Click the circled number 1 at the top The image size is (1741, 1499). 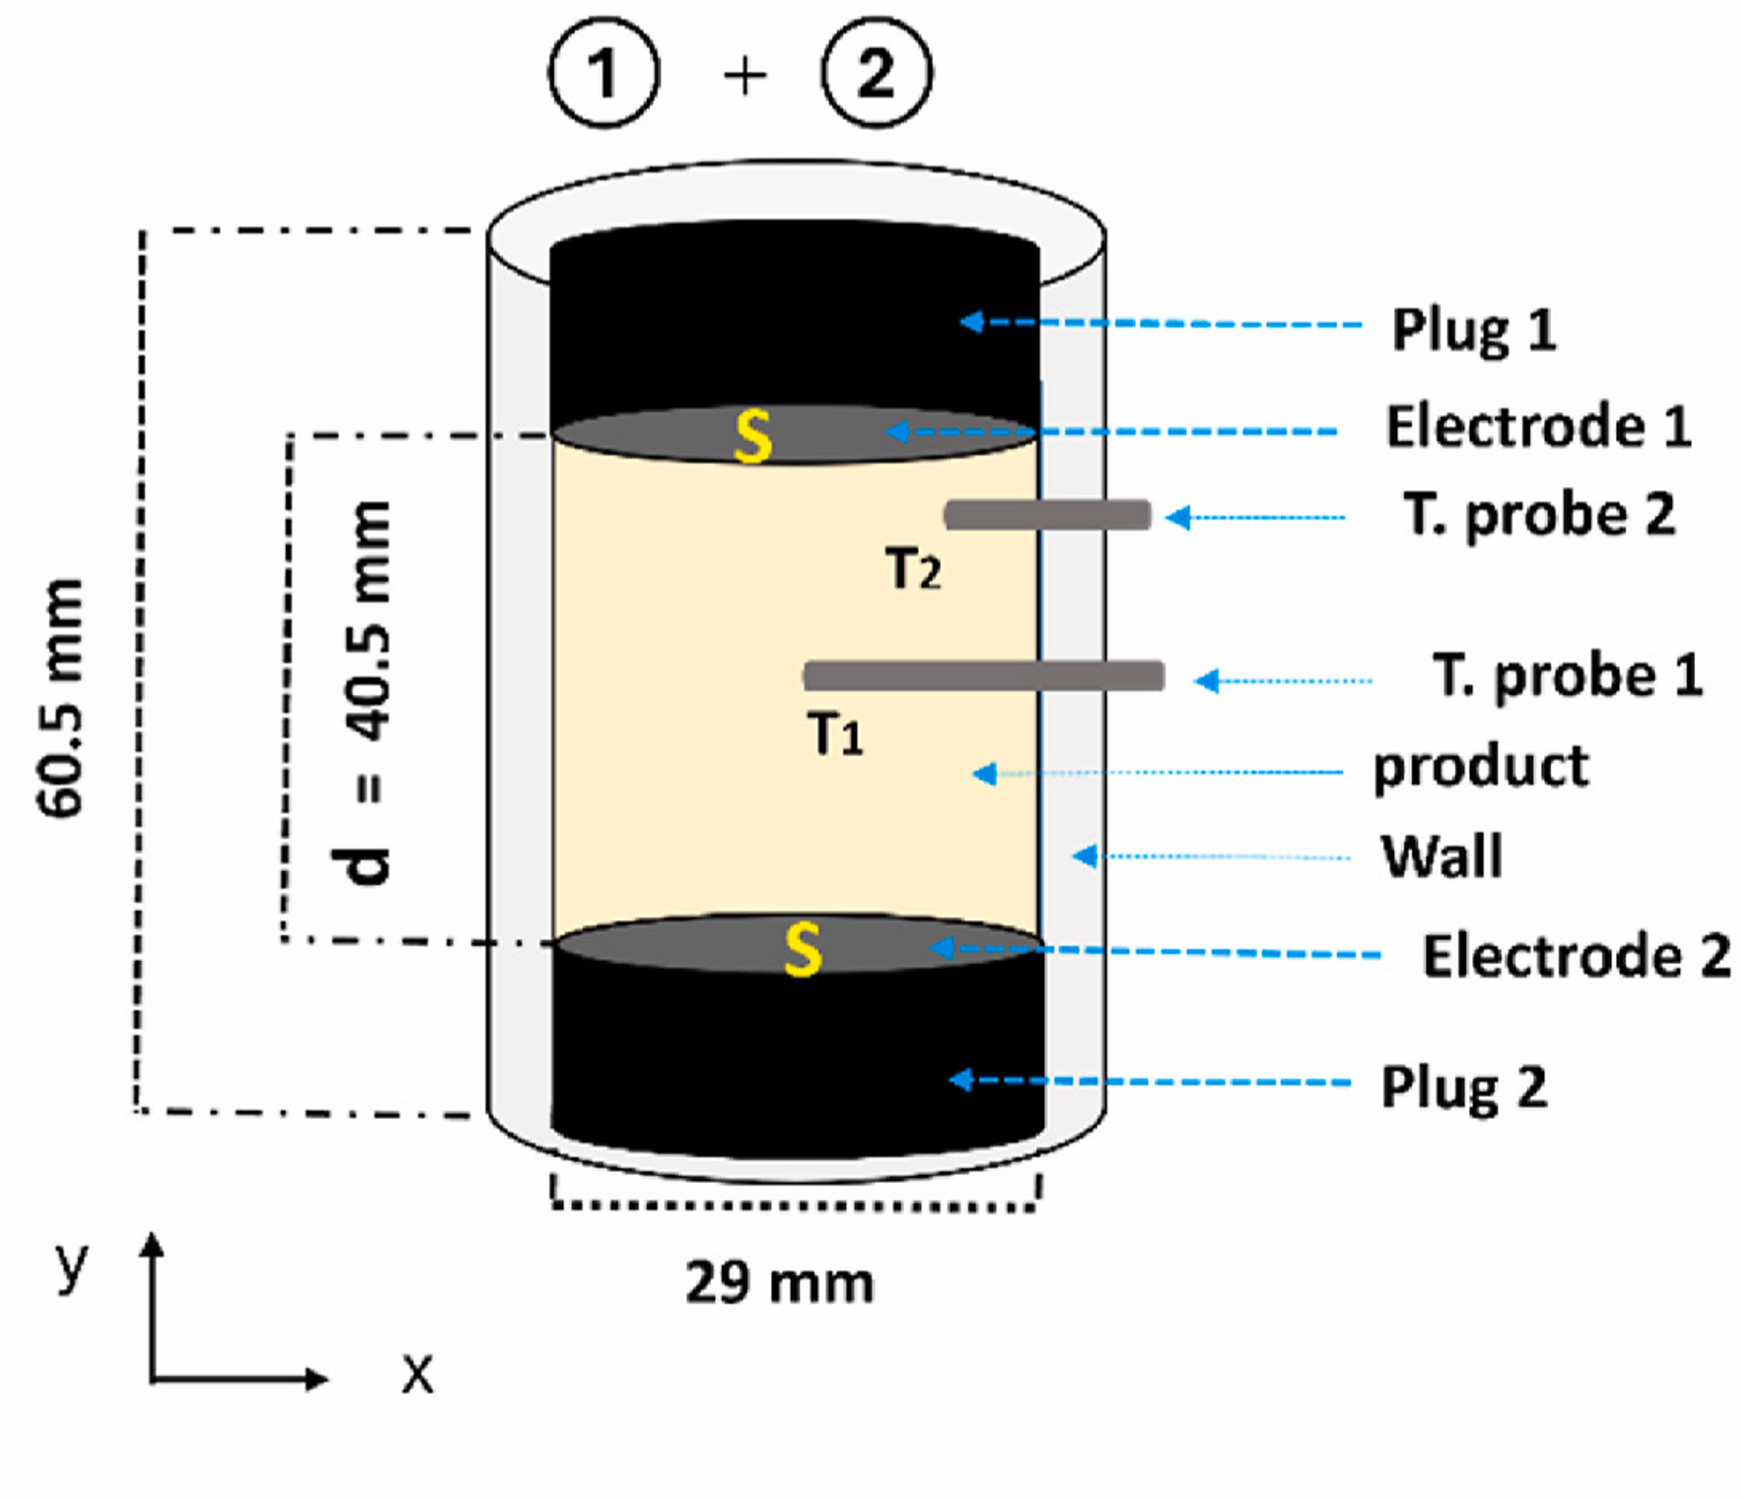click(604, 73)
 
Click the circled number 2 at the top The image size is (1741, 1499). click(876, 73)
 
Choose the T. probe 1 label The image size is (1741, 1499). click(1568, 676)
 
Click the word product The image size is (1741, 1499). click(1480, 766)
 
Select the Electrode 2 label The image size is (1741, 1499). click(1576, 956)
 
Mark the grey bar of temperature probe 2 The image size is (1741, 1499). click(1048, 514)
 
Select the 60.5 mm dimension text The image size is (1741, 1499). click(61, 698)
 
